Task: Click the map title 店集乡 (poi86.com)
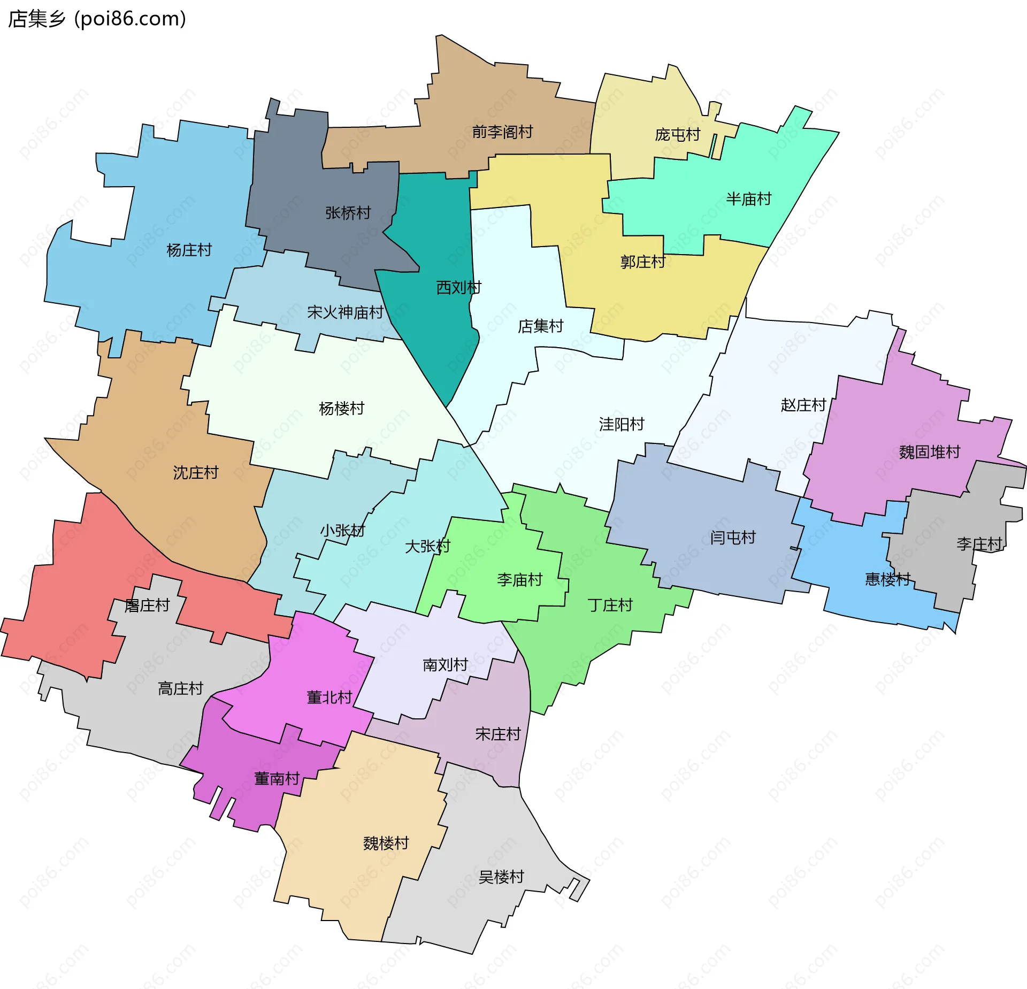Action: click(x=97, y=19)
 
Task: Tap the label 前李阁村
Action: click(x=502, y=132)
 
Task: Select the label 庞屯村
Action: click(x=677, y=134)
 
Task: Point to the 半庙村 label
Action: click(x=748, y=199)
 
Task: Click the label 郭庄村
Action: click(x=642, y=262)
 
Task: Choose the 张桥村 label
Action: click(x=348, y=213)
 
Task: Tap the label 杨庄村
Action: click(x=189, y=250)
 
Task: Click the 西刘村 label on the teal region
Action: click(x=458, y=287)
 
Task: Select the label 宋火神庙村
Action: click(x=345, y=312)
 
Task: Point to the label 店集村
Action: click(x=540, y=326)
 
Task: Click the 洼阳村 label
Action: click(x=621, y=424)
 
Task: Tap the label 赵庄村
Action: click(x=803, y=405)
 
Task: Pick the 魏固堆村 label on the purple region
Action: click(x=929, y=452)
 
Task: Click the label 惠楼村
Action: click(x=887, y=579)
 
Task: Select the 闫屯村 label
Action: click(x=732, y=538)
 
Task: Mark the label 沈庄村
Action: click(x=195, y=472)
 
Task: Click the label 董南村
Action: click(x=276, y=778)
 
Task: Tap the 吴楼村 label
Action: click(x=501, y=877)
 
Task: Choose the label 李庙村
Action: click(x=519, y=579)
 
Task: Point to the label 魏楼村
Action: click(x=386, y=843)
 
